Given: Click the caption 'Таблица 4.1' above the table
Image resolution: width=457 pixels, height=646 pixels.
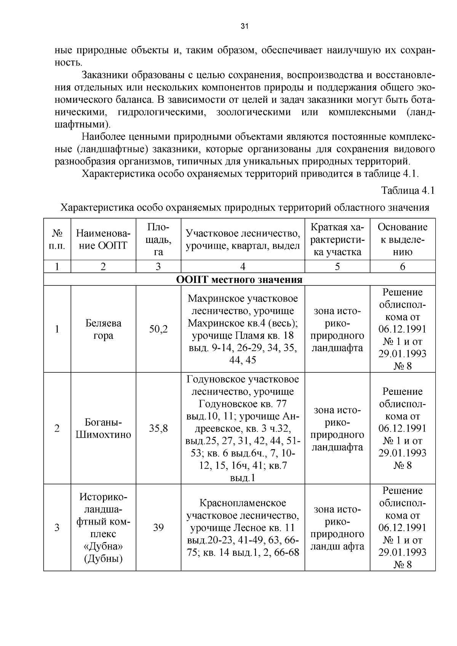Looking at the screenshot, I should [408, 191].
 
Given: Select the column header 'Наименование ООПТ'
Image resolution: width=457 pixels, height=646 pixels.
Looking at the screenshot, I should [103, 239].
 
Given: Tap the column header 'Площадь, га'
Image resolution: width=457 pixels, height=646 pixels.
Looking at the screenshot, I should [158, 239].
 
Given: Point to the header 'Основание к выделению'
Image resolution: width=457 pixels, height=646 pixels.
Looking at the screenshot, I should [402, 239].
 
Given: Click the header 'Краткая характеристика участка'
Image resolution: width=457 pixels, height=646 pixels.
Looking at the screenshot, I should [337, 239].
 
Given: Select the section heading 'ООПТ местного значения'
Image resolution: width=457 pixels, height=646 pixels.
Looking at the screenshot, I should [239, 280].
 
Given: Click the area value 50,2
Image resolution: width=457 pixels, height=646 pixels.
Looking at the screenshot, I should [158, 329].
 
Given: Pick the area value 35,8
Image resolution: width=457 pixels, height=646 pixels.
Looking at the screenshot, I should [158, 429].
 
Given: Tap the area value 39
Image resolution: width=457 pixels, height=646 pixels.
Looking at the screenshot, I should [158, 528].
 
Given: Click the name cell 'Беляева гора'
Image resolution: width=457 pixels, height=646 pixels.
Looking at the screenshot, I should [103, 329].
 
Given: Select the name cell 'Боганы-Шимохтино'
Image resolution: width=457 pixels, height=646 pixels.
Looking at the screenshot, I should [103, 429].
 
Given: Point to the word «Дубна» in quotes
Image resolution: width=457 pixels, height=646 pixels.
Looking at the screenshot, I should [103, 546].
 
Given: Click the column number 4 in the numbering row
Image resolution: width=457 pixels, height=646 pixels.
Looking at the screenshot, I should [243, 266].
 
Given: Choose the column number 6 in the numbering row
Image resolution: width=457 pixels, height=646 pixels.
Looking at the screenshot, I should [402, 266].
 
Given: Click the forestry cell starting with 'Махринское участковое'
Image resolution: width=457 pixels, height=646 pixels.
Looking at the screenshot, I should [243, 329].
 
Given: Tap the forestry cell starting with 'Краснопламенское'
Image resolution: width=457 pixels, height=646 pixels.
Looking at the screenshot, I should [243, 528].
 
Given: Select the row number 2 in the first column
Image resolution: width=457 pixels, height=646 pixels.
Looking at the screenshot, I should [57, 429].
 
